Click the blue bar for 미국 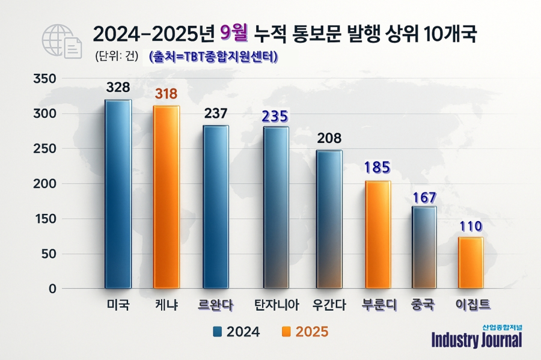118,194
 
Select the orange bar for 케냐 167,197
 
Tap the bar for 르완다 216,207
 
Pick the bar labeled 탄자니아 276,207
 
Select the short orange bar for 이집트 470,263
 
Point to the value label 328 118,87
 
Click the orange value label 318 167,94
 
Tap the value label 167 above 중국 424,197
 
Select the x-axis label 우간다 329,305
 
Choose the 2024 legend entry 237,332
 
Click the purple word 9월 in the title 234,34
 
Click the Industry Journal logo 477,337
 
